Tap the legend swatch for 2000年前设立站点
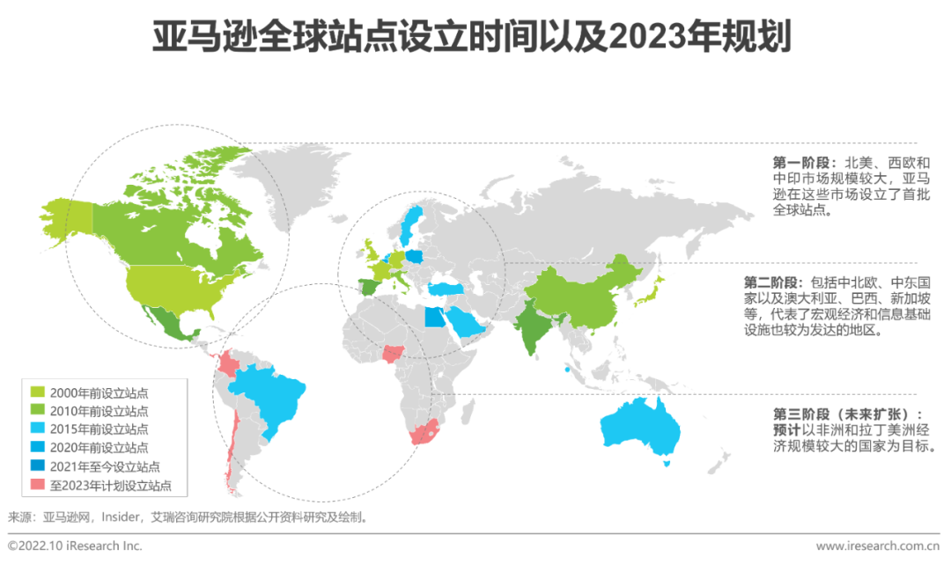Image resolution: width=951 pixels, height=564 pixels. pos(38,392)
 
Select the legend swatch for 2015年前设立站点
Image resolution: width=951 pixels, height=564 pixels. pos(38,429)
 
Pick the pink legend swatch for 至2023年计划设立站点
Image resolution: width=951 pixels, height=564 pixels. pos(38,485)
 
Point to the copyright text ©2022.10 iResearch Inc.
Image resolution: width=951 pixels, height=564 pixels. pos(75,546)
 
